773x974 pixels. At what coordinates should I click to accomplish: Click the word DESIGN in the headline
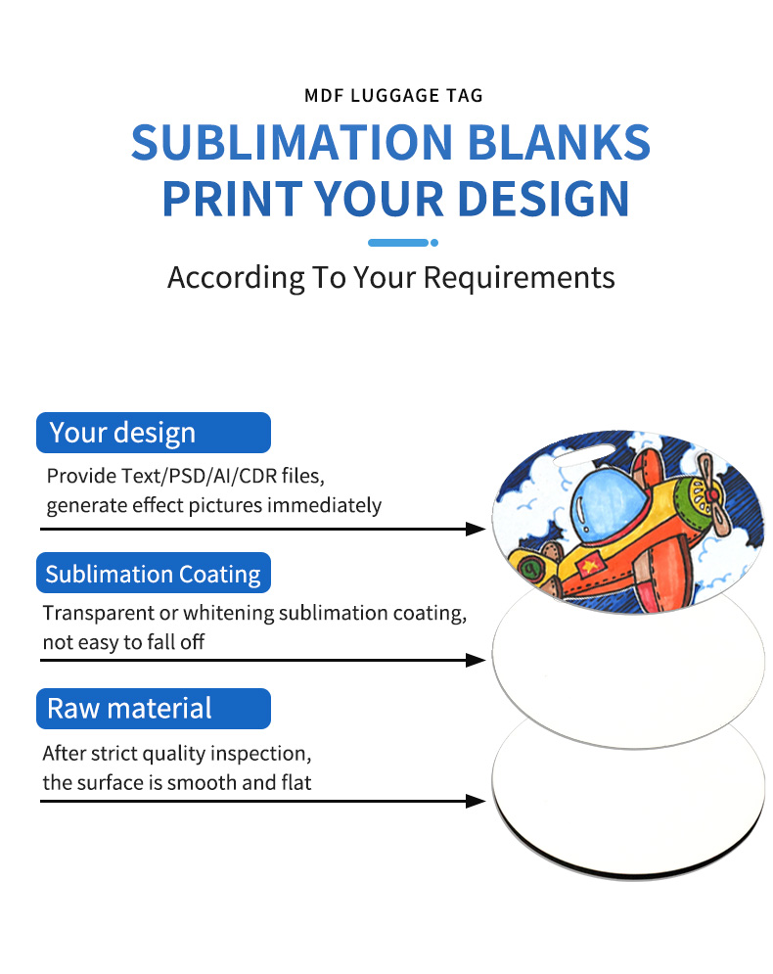(x=527, y=198)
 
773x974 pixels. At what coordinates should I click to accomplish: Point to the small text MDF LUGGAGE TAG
(x=393, y=96)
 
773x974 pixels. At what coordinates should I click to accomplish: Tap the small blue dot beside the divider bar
(x=434, y=243)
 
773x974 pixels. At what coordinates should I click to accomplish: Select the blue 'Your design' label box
(x=153, y=433)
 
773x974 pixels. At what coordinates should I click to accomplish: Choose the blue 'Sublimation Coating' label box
(x=153, y=574)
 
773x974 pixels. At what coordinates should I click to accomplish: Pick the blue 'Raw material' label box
(x=153, y=709)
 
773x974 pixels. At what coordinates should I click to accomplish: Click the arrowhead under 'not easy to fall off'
(x=477, y=661)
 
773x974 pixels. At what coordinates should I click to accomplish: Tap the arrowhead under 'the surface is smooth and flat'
(x=477, y=801)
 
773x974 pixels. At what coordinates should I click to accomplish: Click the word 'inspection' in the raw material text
(x=265, y=754)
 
